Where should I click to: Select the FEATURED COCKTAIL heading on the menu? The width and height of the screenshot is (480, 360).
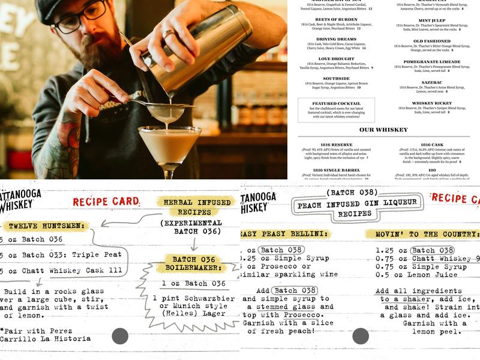[336, 103]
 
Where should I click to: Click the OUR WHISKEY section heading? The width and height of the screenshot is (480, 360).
[383, 130]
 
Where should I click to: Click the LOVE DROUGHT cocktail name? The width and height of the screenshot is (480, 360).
[336, 59]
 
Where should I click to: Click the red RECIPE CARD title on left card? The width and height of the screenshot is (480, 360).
[106, 202]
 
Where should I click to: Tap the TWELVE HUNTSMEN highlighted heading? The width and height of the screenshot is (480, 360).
[46, 226]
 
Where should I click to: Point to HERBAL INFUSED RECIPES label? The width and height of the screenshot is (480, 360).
[197, 208]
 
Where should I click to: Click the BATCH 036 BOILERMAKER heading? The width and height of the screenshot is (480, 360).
[193, 263]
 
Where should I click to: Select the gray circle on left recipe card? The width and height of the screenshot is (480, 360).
[120, 336]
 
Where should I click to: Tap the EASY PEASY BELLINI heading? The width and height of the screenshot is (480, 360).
[286, 233]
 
